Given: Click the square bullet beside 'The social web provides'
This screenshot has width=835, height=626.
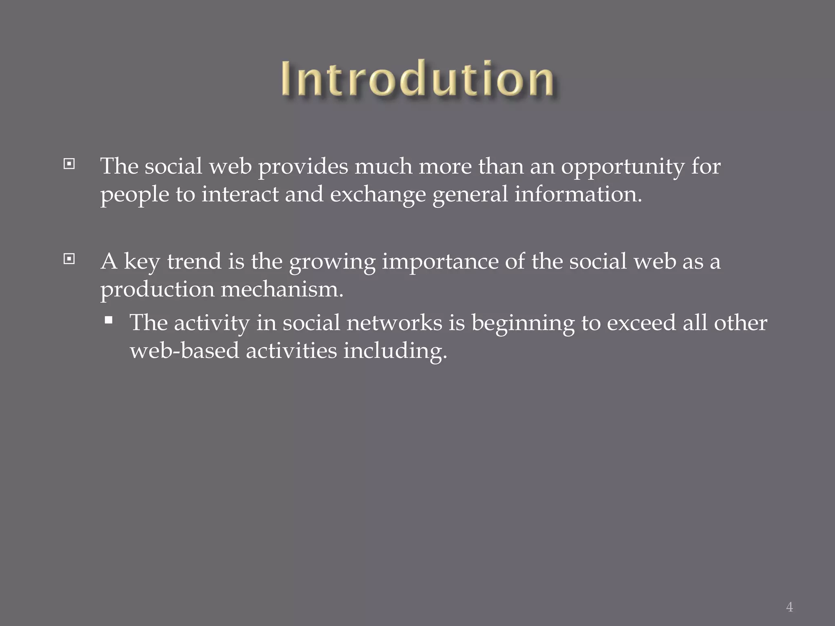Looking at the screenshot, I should pos(69,164).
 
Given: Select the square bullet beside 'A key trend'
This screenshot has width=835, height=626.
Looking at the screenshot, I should pos(69,259).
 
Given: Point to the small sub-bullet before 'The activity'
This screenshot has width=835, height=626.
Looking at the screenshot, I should pos(108,320).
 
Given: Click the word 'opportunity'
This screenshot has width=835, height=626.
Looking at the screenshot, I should pos(623,167).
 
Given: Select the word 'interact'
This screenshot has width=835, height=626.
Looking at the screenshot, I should pos(240,194).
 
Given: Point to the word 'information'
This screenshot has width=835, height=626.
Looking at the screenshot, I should pos(577,194).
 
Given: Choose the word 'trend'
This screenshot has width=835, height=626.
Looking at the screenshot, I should pos(194,261).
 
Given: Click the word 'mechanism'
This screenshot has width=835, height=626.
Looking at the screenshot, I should pos(281,289).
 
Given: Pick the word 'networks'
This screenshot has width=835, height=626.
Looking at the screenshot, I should pos(394,323).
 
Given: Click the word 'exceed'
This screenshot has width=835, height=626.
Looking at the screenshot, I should pos(641,323).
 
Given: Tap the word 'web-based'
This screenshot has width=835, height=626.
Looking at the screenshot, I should pos(184,350).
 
